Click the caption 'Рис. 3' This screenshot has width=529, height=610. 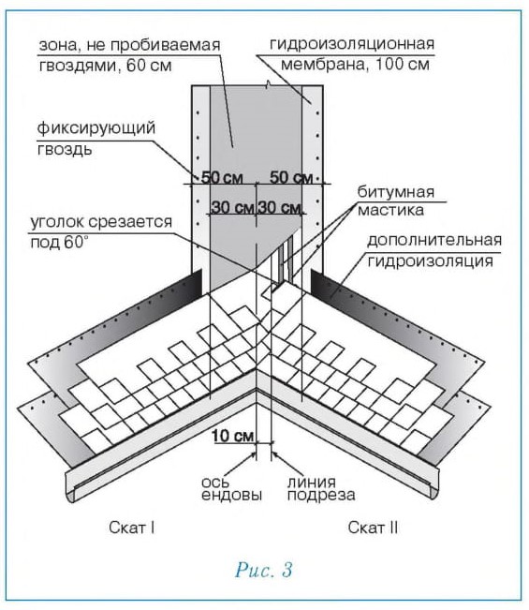coord(263,570)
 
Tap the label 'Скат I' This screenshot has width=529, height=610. coord(132,528)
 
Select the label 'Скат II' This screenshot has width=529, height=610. coord(373,528)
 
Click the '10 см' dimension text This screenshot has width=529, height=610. coord(233,436)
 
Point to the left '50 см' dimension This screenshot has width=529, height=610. coord(222,177)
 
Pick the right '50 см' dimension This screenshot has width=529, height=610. coord(291,177)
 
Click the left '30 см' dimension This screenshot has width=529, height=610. coord(232,207)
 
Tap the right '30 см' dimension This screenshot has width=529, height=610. coord(279,207)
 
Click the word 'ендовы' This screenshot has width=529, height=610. coord(231,496)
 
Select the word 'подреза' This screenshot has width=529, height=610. coord(321,496)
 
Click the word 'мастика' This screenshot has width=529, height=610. coord(390,211)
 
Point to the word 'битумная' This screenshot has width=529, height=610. coord(396,192)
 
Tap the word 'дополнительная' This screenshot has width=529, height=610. coord(434,241)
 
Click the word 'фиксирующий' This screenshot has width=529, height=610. coord(96,128)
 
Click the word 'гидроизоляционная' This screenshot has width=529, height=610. coord(352,43)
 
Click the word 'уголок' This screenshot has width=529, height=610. coord(57,222)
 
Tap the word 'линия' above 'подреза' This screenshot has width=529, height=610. coord(312,483)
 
